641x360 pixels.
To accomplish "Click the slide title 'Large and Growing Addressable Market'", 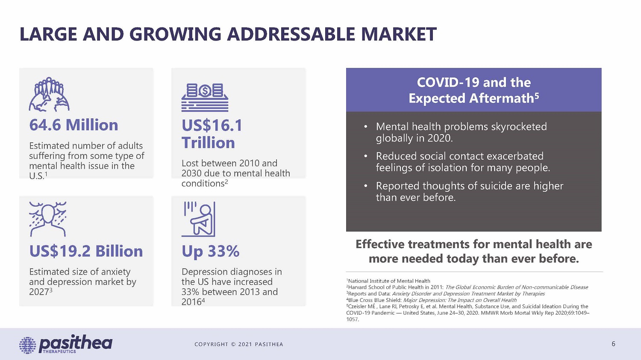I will [x=228, y=34].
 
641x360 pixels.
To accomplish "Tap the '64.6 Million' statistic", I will [x=74, y=125].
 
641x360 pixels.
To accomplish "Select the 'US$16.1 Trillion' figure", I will [x=212, y=134].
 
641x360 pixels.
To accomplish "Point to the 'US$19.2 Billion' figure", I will [x=86, y=251].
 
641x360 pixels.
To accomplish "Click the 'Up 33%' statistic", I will [x=210, y=251].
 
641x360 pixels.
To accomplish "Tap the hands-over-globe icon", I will [x=49, y=94].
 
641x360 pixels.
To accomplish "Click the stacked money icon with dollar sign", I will [x=205, y=97].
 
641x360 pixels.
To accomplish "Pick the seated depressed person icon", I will [x=198, y=220].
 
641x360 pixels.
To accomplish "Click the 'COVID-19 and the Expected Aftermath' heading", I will [x=473, y=90].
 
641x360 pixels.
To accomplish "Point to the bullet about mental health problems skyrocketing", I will [x=461, y=132].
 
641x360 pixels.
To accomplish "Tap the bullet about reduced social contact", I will [x=463, y=162].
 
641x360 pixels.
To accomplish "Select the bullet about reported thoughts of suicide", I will [x=469, y=191].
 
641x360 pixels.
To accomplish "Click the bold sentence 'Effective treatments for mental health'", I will [x=473, y=251].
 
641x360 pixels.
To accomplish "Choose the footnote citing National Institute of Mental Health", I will [x=388, y=281].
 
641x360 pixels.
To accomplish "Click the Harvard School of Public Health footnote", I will [x=467, y=287].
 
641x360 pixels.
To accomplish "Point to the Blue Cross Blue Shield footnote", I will [x=432, y=300].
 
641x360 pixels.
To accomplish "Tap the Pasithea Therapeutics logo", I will [x=66, y=344].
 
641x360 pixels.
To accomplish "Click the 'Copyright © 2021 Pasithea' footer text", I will [x=238, y=344].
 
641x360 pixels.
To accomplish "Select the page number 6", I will [x=613, y=344].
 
